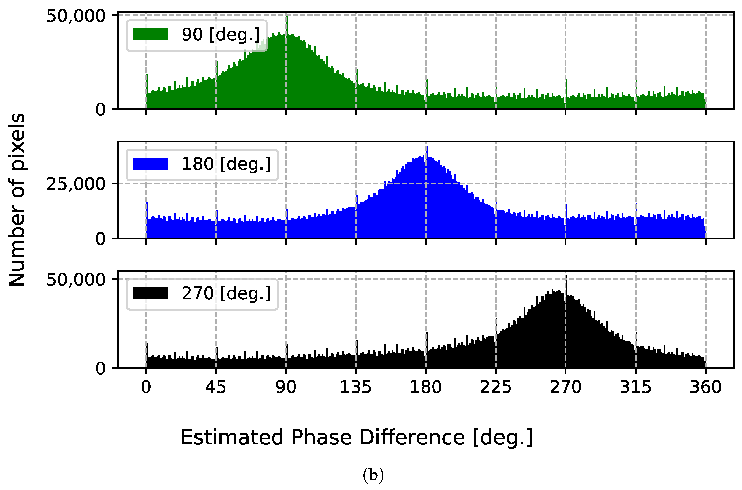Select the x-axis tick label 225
click(x=496, y=387)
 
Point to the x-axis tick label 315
click(x=635, y=387)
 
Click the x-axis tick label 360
click(x=705, y=387)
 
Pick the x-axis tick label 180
click(x=426, y=387)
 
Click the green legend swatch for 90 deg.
click(x=151, y=34)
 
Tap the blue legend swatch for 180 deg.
click(x=151, y=164)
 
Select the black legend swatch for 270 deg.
click(x=151, y=293)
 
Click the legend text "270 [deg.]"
click(x=226, y=293)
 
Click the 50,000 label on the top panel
click(x=76, y=16)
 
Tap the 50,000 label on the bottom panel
click(x=76, y=280)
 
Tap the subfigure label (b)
click(x=373, y=475)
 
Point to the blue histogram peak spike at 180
click(x=426, y=147)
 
